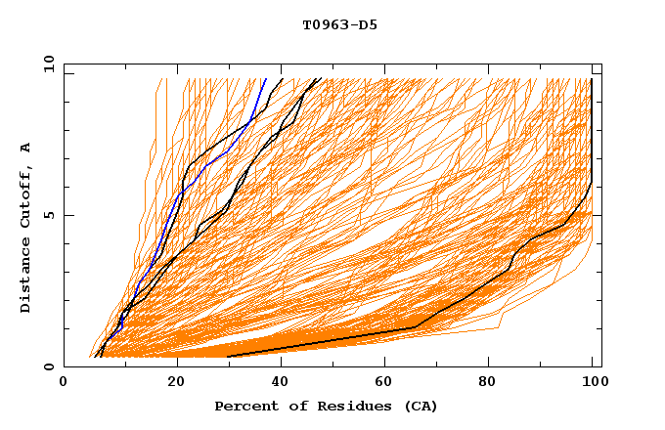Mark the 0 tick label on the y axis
(x=48, y=367)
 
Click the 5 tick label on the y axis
(x=48, y=215)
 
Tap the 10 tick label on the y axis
(x=45, y=63)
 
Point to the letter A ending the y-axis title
(x=25, y=148)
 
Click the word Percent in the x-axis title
(x=244, y=407)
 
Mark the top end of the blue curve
(x=265, y=79)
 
